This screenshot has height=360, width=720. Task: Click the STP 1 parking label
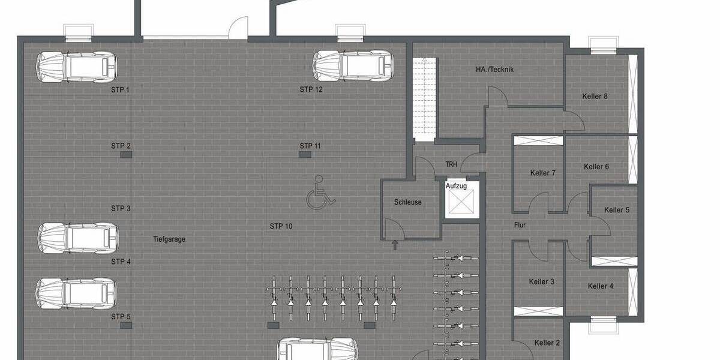120,90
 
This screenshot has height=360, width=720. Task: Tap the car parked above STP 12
353,65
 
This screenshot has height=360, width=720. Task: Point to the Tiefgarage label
169,239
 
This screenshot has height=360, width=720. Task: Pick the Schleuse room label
407,202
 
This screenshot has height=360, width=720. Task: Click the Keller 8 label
595,96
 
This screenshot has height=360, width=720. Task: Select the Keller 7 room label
542,173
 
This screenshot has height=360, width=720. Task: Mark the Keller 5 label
617,210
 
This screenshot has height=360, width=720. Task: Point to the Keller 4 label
600,286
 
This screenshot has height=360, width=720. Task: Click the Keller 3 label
541,281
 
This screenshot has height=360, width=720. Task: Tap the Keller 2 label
547,343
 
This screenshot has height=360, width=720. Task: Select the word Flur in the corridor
520,226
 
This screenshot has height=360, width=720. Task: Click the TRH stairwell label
451,164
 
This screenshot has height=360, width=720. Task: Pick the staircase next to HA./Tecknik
424,99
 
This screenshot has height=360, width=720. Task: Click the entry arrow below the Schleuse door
395,245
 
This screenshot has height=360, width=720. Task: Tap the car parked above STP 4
77,238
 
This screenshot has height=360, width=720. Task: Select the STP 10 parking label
280,226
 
